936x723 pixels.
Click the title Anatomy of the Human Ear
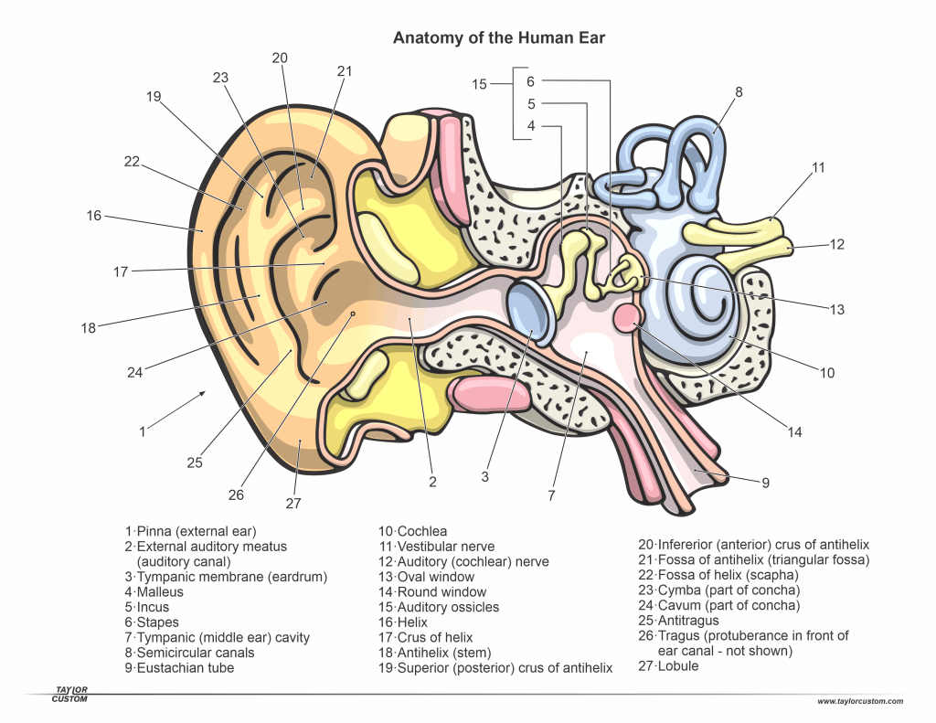point(498,38)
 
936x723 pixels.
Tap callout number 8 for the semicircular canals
point(739,91)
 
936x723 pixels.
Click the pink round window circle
point(626,317)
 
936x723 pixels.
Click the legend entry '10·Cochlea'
point(412,531)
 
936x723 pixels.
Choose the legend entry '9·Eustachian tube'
point(179,668)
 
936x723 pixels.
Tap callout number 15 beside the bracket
point(480,84)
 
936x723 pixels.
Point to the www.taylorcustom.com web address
point(860,701)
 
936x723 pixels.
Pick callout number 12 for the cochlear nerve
point(837,244)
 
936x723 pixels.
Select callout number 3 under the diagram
point(485,476)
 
